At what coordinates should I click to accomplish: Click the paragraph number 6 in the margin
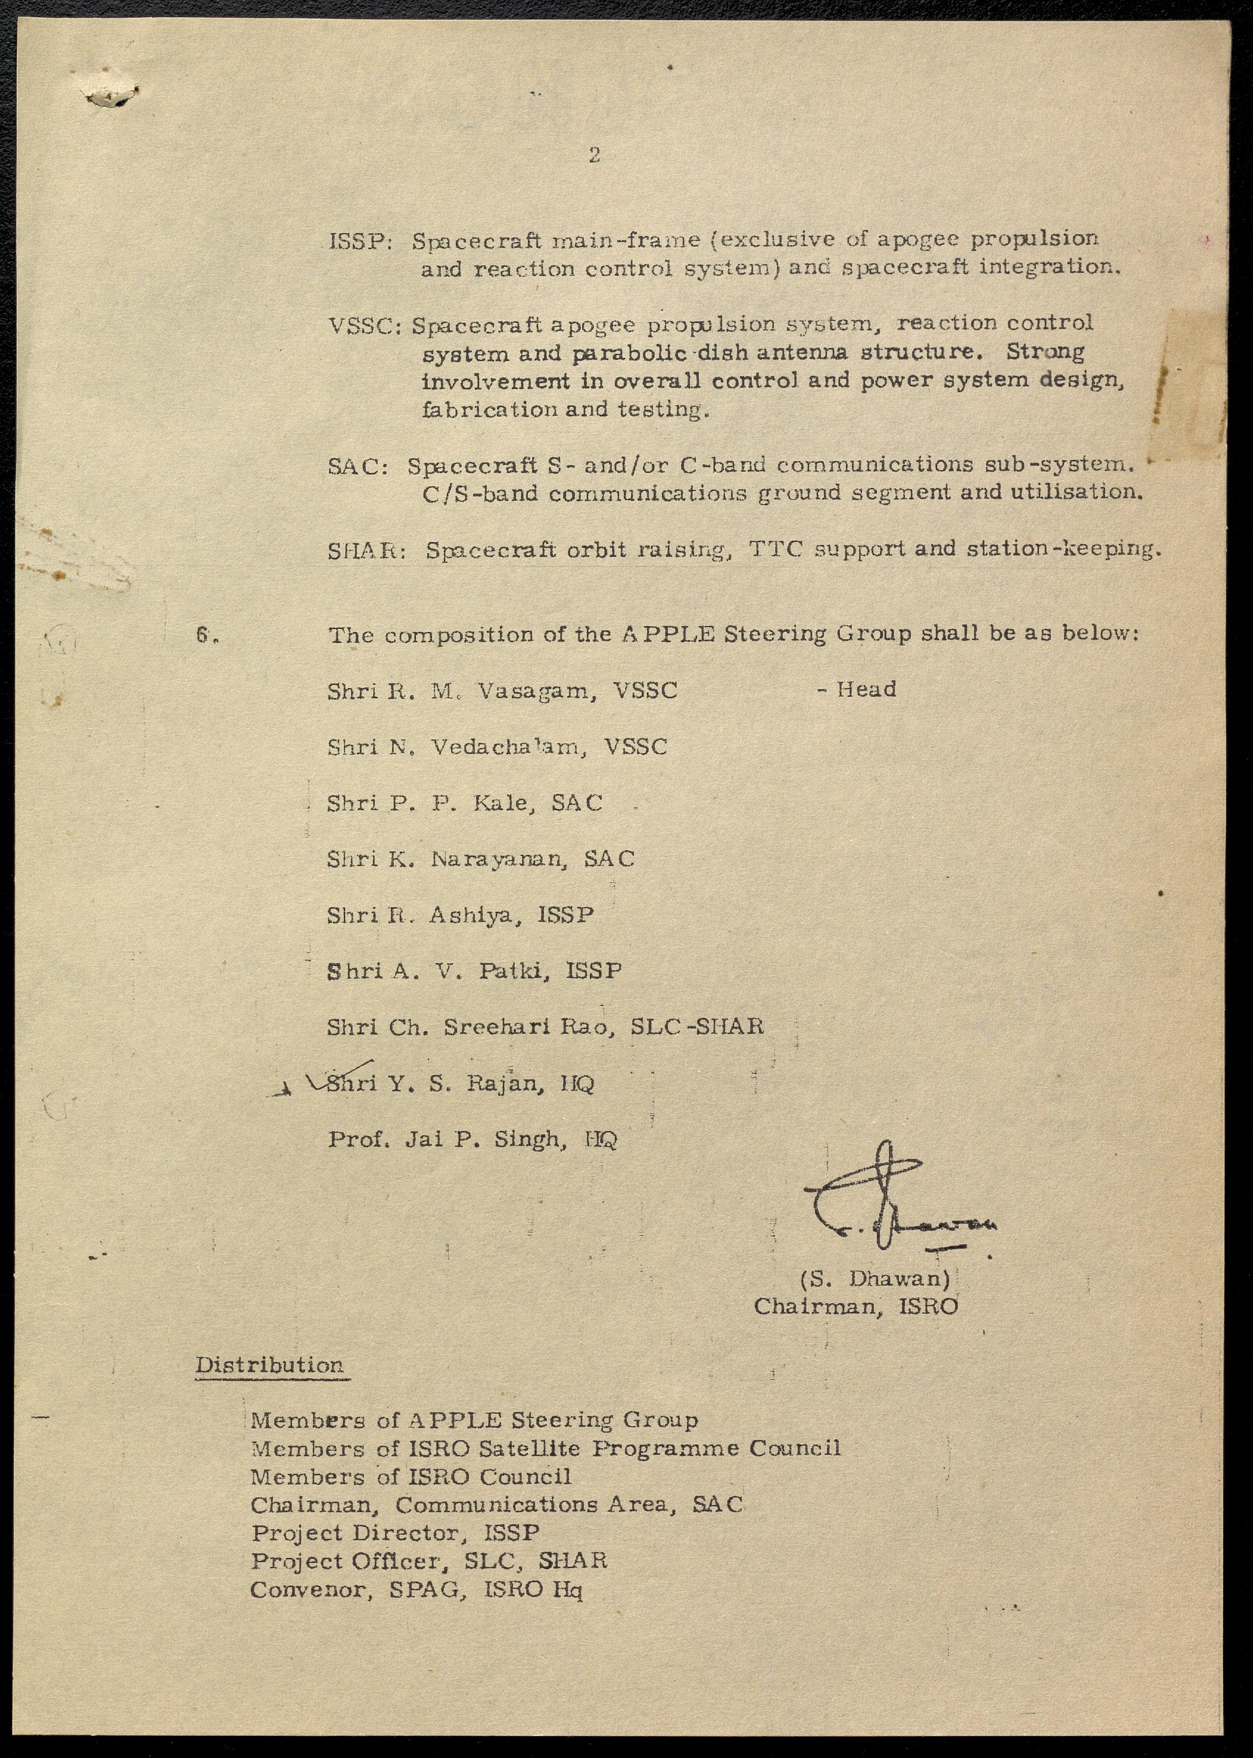(x=204, y=635)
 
